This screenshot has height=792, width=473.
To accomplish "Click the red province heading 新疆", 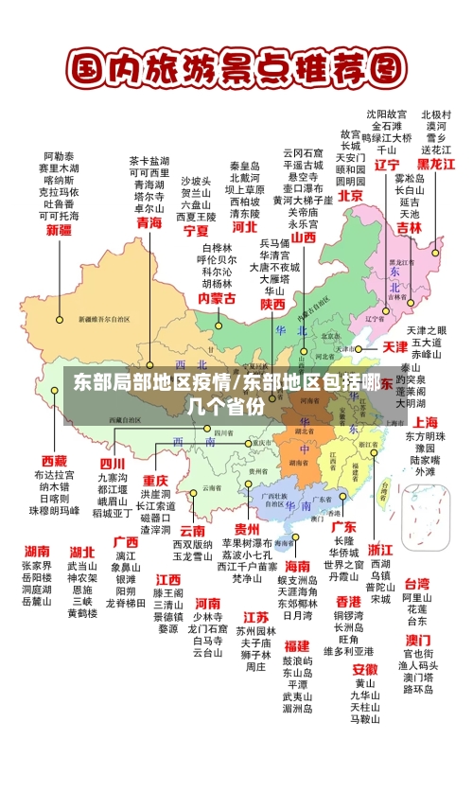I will pos(59,230).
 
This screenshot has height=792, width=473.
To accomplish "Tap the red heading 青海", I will pos(149,222).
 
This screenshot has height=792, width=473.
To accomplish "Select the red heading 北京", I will pos(350,196).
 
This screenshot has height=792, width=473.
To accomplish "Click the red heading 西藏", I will pos(54,461).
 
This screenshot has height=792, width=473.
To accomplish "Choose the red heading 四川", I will pos(113,464).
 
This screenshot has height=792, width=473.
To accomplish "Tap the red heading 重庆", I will pos(155,480).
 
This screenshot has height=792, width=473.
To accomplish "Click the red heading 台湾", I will pos(417,584).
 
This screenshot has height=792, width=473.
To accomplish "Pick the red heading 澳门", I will pos(417,640).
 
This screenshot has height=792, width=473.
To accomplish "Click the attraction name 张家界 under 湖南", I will pos(37,565).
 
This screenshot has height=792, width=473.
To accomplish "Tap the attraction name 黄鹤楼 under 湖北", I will pos(82,613).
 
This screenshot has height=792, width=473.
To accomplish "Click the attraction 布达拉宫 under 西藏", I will pos(54,475).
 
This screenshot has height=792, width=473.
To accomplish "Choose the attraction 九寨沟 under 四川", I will pos(113,478).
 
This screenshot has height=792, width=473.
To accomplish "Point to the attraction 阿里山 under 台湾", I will pos(417,598).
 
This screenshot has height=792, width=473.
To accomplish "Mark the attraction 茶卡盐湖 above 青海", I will pos(149,161).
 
